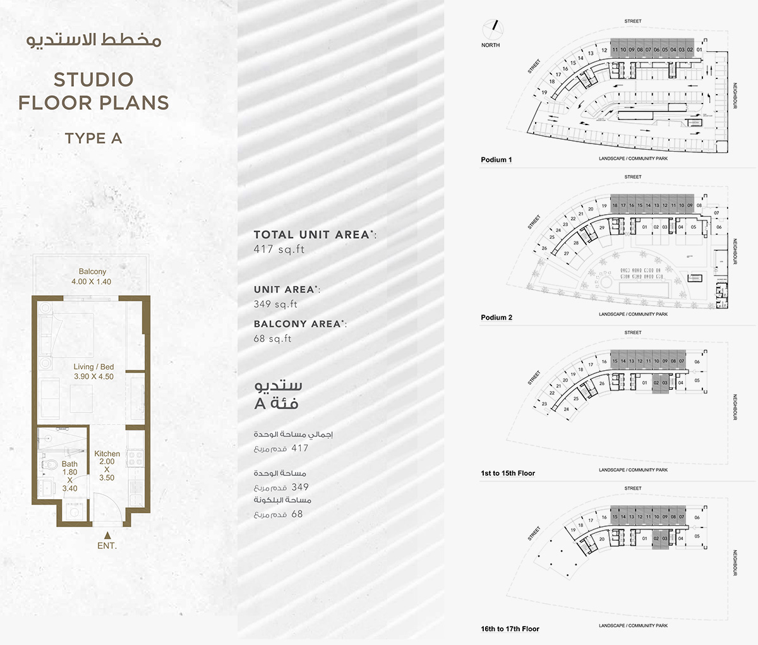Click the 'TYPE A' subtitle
[x=93, y=138]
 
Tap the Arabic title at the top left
[x=93, y=40]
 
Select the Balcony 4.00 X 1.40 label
[x=92, y=277]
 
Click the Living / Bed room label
[x=93, y=371]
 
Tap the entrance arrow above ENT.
[x=106, y=534]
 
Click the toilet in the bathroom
[x=50, y=465]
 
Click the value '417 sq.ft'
[x=279, y=250]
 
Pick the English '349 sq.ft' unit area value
[x=275, y=304]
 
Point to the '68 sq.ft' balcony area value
[x=272, y=339]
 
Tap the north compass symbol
[x=491, y=28]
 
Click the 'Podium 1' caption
[x=496, y=160]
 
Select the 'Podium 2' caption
[x=496, y=318]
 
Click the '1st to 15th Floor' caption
[x=507, y=473]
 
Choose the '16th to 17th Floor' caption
[x=510, y=629]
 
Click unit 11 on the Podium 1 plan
[x=615, y=50]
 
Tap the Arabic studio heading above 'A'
[x=278, y=386]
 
